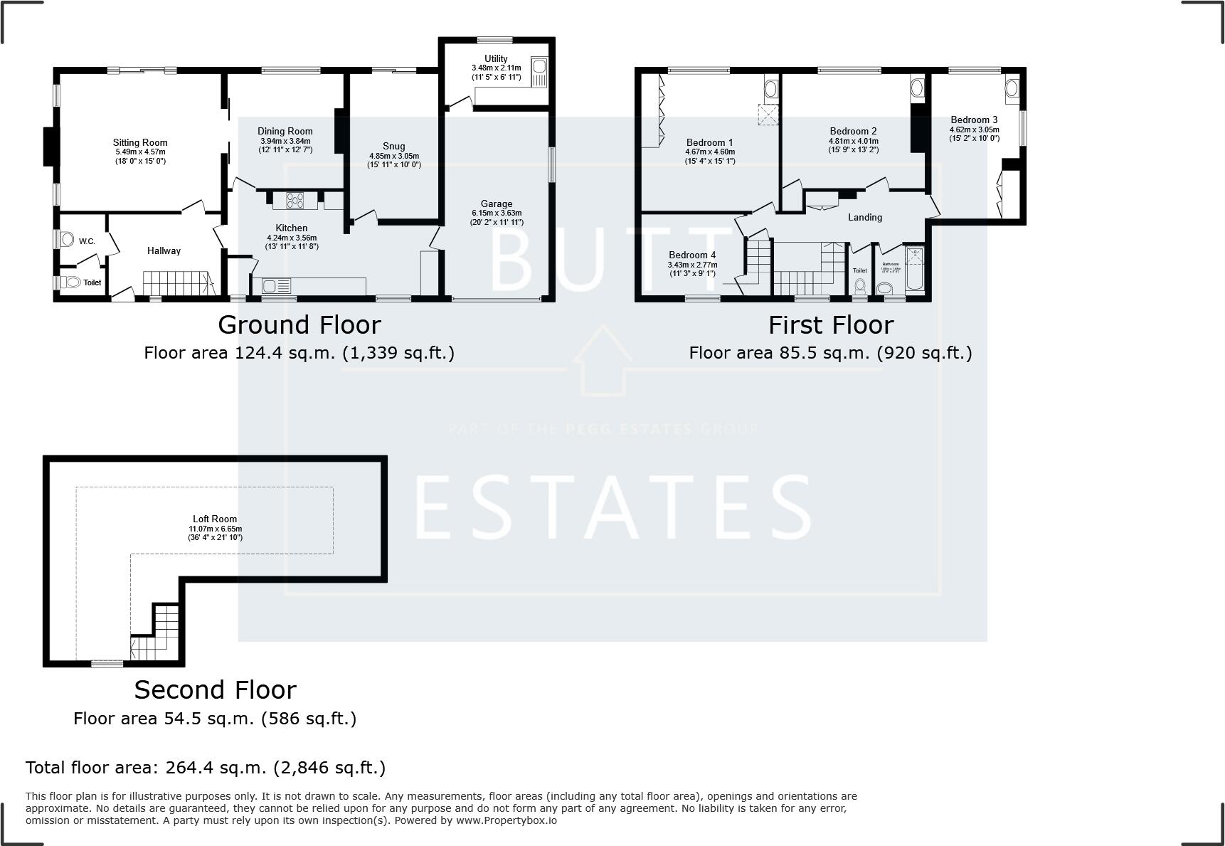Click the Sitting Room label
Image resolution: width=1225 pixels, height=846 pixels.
tap(140, 142)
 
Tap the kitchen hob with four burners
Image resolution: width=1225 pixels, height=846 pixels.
tap(295, 201)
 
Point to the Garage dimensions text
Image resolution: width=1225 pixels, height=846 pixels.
tap(497, 218)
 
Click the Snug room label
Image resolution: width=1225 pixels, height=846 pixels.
tap(393, 146)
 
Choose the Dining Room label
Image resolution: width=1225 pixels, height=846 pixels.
tap(285, 131)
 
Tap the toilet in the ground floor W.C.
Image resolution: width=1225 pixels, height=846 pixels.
tap(67, 238)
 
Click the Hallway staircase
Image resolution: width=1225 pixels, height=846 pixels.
tap(178, 283)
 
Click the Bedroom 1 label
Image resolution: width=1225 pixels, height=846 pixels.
tap(709, 142)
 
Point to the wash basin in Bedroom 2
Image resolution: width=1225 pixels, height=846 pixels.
tap(917, 88)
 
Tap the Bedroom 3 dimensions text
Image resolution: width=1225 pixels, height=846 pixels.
tap(974, 134)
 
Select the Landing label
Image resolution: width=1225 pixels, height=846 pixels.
tap(864, 217)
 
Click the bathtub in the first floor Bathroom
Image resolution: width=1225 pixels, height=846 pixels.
tap(915, 268)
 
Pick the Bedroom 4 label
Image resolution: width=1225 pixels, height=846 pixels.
tap(691, 255)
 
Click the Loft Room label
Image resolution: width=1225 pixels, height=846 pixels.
tap(215, 519)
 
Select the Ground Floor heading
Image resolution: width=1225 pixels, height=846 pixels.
tap(299, 325)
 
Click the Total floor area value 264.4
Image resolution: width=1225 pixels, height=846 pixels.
tap(186, 768)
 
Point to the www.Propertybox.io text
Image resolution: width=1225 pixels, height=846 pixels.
tap(506, 820)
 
